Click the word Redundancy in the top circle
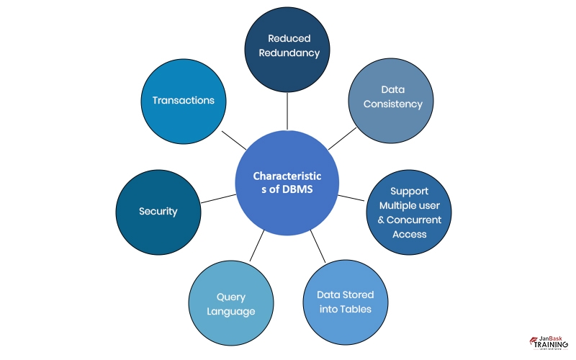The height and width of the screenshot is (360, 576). [x=288, y=53]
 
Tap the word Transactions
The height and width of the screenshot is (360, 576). [x=184, y=100]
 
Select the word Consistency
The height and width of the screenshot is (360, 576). [x=392, y=104]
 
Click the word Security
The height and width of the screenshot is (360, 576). [x=158, y=212]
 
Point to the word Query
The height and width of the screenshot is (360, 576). [x=231, y=297]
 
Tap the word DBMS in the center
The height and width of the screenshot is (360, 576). [x=302, y=190]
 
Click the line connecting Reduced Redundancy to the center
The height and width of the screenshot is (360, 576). [x=288, y=111]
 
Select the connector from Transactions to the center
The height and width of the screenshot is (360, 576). [x=234, y=139]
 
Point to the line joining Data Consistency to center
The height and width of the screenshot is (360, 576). [x=343, y=139]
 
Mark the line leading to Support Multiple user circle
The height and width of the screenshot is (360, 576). [x=353, y=196]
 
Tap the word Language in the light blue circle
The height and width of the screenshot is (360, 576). [x=231, y=311]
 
